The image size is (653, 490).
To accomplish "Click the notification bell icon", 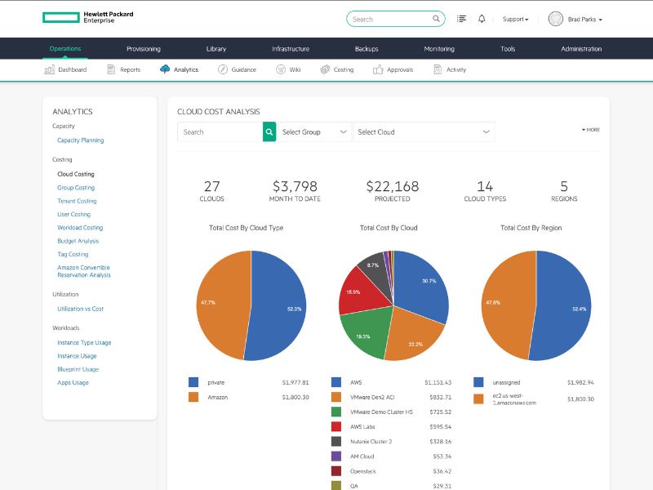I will point(482,19).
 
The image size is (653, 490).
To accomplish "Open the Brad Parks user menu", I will point(576,19).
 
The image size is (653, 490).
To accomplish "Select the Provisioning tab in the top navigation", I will point(144,49).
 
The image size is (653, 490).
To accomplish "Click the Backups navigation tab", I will point(366,49).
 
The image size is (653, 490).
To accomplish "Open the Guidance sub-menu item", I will point(237,69).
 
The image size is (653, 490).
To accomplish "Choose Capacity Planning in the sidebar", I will point(80,140).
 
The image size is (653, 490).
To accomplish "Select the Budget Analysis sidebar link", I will point(78,241).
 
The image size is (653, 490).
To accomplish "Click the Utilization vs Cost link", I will point(80,309).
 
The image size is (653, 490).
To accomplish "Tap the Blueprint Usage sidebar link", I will point(78,369).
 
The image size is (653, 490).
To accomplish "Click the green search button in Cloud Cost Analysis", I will point(269,131).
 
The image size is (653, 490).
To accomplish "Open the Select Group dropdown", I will point(315,131).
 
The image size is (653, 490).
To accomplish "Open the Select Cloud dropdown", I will point(424,131).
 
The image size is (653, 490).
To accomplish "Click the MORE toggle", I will point(591,130).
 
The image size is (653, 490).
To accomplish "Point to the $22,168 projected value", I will point(392,187).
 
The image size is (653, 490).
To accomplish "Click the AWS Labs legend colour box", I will point(336,426).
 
